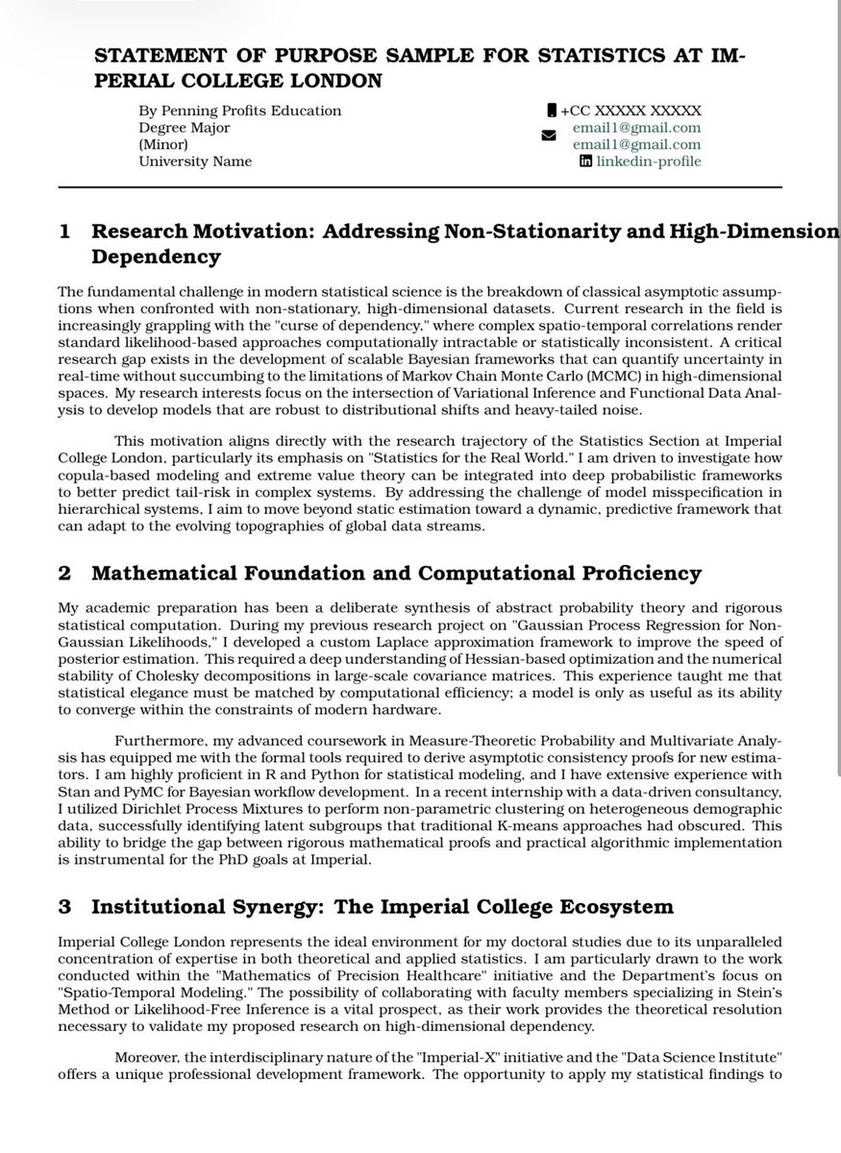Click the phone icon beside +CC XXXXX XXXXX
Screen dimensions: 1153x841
(552, 110)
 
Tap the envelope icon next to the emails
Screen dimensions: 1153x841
(549, 136)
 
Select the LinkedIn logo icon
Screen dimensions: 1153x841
(585, 161)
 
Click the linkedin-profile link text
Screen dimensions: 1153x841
(648, 161)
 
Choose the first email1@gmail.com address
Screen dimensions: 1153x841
(649, 128)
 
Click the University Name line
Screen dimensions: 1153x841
(195, 161)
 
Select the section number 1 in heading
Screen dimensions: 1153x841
(64, 232)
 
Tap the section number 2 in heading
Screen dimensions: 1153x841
(64, 574)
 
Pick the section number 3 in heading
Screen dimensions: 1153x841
(64, 907)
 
